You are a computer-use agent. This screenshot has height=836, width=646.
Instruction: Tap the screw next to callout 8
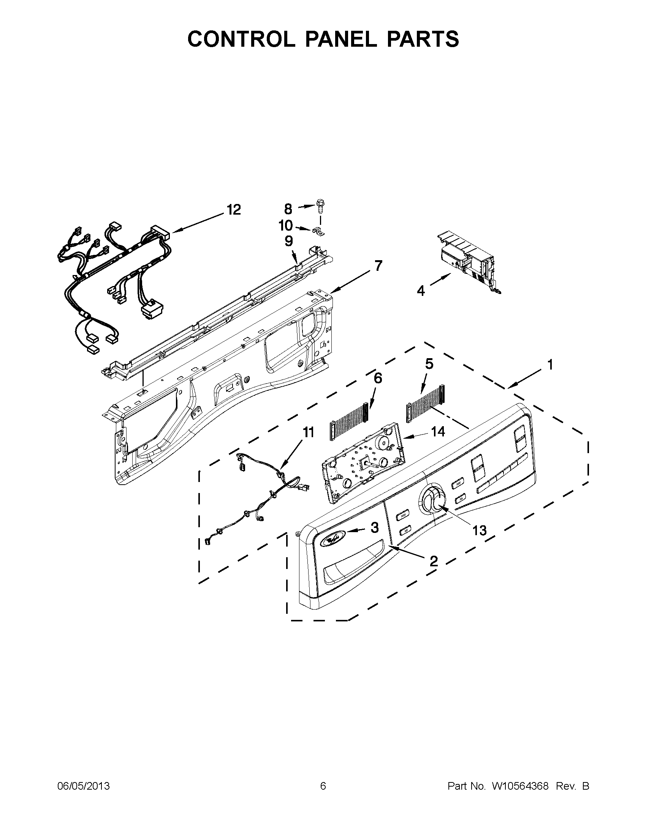320,207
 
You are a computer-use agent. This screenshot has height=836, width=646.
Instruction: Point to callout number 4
421,291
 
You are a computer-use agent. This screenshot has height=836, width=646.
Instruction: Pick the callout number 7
378,265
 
